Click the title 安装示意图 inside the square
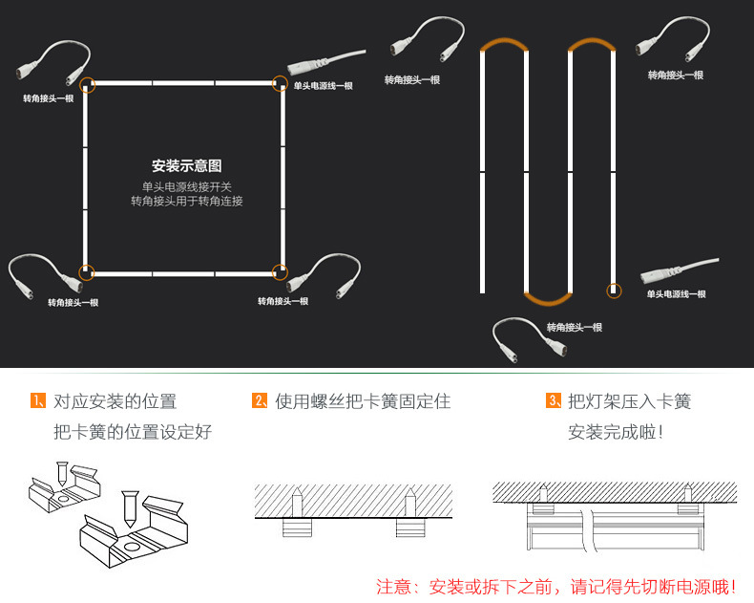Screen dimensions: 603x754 (x=186, y=165)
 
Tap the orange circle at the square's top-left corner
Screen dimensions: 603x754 (x=87, y=84)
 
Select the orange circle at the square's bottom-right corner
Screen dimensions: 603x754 (x=280, y=272)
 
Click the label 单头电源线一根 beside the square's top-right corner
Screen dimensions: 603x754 (x=323, y=86)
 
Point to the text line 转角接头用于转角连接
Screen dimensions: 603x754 (x=187, y=202)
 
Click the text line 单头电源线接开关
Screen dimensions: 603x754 (x=187, y=186)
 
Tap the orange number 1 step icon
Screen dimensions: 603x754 (x=38, y=401)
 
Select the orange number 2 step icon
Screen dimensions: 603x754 (x=260, y=401)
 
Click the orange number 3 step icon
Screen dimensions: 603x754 (x=553, y=401)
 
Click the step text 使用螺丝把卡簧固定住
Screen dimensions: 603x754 (x=363, y=402)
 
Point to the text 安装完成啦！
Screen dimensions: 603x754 (x=616, y=432)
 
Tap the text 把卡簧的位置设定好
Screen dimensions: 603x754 (x=133, y=432)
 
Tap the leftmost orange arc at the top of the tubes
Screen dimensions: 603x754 (x=504, y=45)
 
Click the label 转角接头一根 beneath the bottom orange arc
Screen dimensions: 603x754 (x=575, y=328)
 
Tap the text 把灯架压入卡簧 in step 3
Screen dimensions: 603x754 (x=629, y=402)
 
